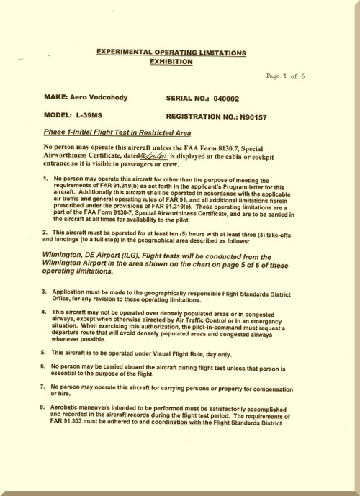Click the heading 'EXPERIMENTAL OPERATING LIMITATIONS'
171,53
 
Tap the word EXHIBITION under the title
171,63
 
